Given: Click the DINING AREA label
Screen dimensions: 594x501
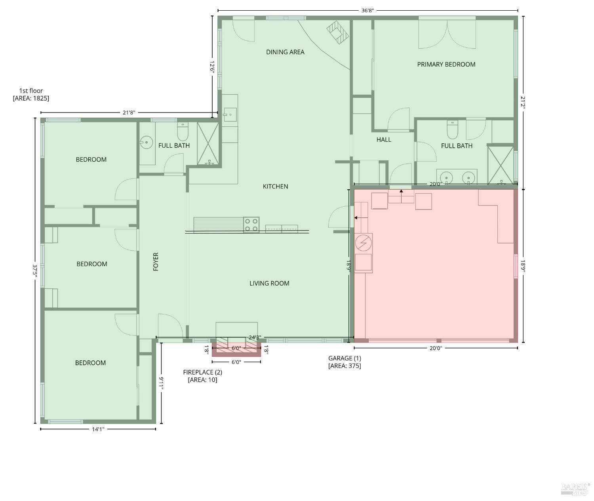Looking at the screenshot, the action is [285, 52].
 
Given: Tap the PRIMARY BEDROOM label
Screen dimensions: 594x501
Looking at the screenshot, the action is [446, 64].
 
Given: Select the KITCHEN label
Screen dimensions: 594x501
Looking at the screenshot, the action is [275, 187].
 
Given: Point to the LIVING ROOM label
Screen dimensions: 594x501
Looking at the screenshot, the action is [269, 283].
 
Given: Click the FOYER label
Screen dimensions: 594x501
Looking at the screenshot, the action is [156, 262].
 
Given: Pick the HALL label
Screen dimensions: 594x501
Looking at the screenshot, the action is [384, 140].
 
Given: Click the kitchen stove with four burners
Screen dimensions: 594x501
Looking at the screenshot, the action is [251, 225].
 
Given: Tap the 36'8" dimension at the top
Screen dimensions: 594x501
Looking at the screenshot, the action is [367, 11].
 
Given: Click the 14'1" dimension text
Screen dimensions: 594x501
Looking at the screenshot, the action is [98, 429].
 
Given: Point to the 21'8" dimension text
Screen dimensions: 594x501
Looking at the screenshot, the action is [129, 112].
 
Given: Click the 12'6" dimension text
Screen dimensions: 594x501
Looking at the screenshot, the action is [212, 67].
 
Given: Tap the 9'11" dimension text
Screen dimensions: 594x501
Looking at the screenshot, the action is [161, 383].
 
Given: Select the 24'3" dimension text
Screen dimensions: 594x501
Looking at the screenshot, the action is [255, 337].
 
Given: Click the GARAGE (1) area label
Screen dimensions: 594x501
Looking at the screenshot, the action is [345, 362].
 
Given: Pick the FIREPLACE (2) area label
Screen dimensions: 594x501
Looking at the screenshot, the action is [202, 376].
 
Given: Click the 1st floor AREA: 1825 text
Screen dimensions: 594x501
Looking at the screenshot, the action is [31, 94].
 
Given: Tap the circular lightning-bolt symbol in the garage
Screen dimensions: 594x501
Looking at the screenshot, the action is [363, 243].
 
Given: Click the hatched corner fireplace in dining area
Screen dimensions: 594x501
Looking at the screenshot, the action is [338, 32].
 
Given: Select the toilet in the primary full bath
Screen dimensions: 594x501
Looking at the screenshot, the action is [452, 130].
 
